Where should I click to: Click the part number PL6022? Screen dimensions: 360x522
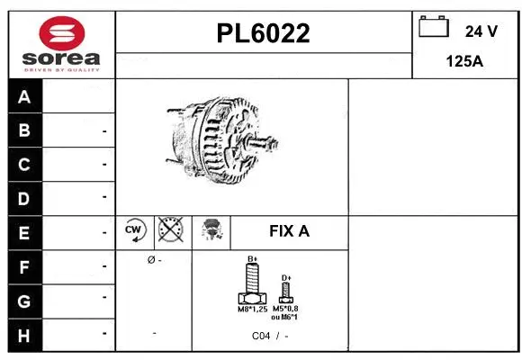(264, 33)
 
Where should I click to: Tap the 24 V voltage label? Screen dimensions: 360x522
(481, 31)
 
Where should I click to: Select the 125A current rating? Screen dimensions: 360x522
(465, 63)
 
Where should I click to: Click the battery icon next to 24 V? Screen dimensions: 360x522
(434, 27)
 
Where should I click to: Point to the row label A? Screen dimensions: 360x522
(24, 97)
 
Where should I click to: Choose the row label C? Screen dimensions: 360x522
(24, 165)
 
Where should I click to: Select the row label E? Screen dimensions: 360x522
(24, 232)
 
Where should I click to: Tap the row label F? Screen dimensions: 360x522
(24, 266)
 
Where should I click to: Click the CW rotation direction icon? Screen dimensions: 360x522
(134, 230)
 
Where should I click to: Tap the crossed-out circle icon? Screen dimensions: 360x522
(171, 230)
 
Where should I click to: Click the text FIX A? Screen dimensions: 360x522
(289, 231)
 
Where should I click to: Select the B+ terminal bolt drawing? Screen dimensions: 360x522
(252, 286)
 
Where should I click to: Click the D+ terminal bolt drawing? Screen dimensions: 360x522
(286, 290)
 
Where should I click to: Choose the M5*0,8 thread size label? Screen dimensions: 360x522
(287, 310)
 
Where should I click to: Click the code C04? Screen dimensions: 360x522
(261, 336)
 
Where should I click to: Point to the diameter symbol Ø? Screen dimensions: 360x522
(150, 260)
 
